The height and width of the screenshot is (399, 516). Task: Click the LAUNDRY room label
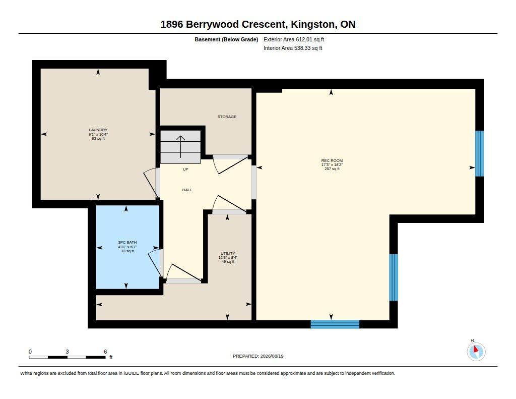pyautogui.click(x=98, y=130)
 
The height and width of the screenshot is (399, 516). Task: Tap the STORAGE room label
pyautogui.click(x=227, y=117)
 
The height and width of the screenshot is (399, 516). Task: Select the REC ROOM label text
pyautogui.click(x=332, y=160)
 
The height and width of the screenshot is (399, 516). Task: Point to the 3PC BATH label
pyautogui.click(x=127, y=242)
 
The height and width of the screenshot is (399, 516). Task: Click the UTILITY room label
pyautogui.click(x=228, y=253)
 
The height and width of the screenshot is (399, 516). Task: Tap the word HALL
pyautogui.click(x=187, y=190)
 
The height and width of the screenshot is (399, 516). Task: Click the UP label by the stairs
pyautogui.click(x=185, y=169)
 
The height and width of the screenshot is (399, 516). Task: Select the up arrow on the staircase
pyautogui.click(x=181, y=147)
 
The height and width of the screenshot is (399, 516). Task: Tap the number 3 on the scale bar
pyautogui.click(x=67, y=352)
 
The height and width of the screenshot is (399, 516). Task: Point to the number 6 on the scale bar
pyautogui.click(x=105, y=352)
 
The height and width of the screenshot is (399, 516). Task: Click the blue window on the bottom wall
pyautogui.click(x=335, y=324)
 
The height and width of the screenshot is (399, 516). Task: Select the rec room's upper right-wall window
pyautogui.click(x=480, y=153)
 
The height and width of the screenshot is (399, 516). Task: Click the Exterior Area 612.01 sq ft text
pyautogui.click(x=294, y=39)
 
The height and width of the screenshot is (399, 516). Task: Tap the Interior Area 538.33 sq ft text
pyautogui.click(x=293, y=48)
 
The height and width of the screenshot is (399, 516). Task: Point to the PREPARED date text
pyautogui.click(x=258, y=356)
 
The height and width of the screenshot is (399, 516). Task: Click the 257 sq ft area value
pyautogui.click(x=332, y=168)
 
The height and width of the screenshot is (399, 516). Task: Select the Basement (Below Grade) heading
pyautogui.click(x=226, y=39)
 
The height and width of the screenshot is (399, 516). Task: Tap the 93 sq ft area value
pyautogui.click(x=98, y=139)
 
